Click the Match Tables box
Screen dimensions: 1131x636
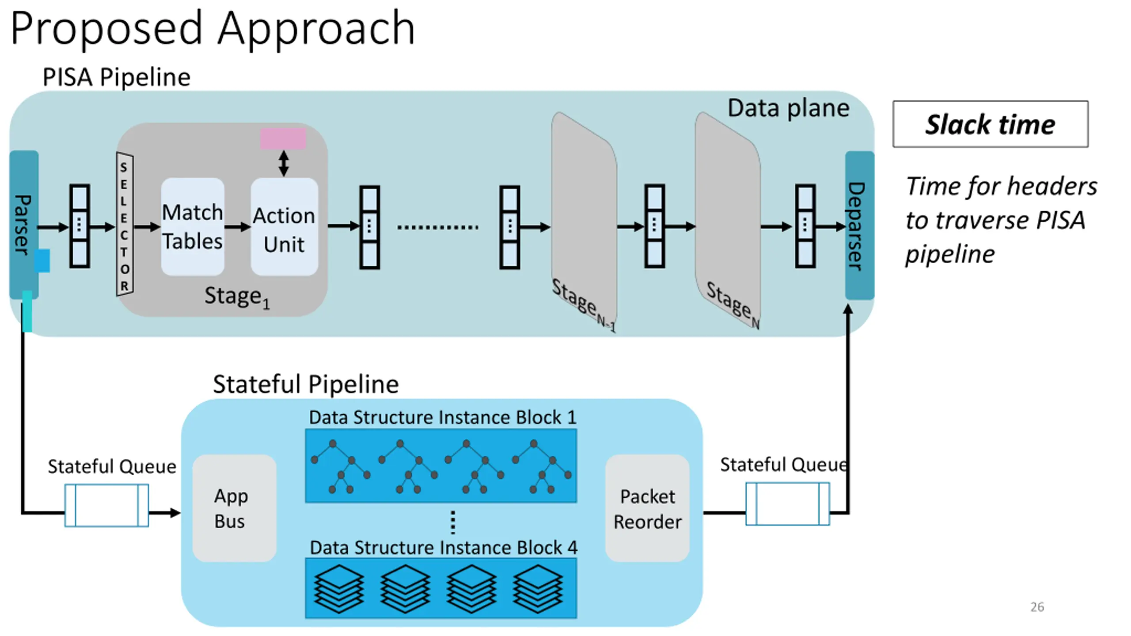tap(193, 227)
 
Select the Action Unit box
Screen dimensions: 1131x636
tap(284, 227)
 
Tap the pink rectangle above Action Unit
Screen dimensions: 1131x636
tap(283, 139)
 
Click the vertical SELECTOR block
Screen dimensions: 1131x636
tap(125, 224)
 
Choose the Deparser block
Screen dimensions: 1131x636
tap(859, 225)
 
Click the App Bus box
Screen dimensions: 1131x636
tap(234, 508)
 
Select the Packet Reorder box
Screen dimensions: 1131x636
tap(647, 508)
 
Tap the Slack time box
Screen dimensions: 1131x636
tap(991, 124)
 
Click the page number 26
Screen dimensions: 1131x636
tap(1037, 607)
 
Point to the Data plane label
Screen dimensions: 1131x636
tap(788, 108)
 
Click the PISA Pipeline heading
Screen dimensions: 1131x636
tap(117, 77)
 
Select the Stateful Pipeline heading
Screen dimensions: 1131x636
tap(306, 384)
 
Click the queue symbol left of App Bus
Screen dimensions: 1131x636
tap(106, 505)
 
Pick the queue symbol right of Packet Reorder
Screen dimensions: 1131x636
tap(787, 504)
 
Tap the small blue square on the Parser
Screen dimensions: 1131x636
tap(42, 261)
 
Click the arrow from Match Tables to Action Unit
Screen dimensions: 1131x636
tap(238, 227)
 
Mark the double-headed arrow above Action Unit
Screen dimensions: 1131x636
tap(284, 163)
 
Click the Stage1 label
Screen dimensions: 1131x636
tap(237, 297)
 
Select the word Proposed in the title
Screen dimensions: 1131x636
tap(106, 29)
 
